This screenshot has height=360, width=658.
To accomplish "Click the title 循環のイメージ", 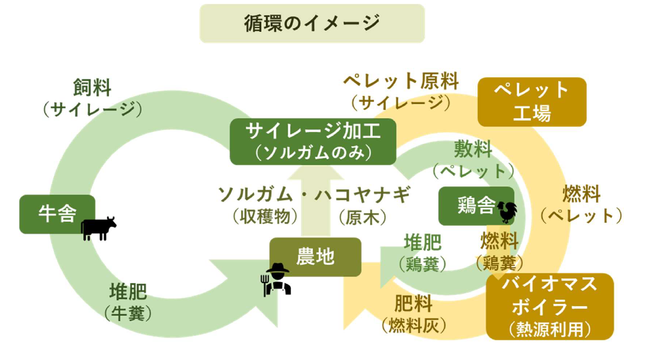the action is pos(312,23).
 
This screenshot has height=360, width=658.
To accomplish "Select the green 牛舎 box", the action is pos(57,214).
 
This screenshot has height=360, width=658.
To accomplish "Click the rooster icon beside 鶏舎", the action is pos(507,212).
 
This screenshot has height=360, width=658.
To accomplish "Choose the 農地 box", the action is pos(315,257).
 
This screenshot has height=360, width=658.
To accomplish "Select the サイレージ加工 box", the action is pos(313,141).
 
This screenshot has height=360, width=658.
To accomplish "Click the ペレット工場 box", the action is pos(532,102).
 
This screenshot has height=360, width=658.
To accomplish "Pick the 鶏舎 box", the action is pos(475,206).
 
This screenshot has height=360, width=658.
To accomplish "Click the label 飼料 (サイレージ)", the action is pos(93,97).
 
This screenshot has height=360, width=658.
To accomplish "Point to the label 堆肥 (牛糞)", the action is pos(128,302).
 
